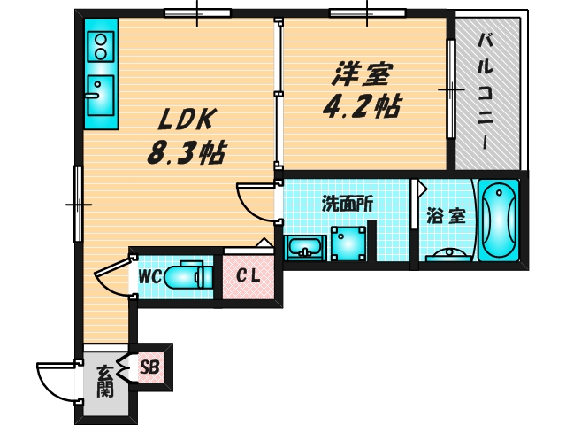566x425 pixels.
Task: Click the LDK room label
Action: click(x=187, y=120)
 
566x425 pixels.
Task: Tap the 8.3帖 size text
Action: click(x=187, y=152)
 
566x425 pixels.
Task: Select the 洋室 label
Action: click(x=361, y=74)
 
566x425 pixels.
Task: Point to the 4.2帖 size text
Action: click(x=362, y=106)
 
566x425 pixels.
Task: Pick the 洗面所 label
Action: click(x=347, y=204)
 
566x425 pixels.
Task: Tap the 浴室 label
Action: click(x=446, y=216)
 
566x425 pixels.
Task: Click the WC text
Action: click(x=149, y=277)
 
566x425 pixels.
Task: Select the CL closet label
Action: click(x=248, y=277)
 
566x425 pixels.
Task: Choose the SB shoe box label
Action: click(x=149, y=367)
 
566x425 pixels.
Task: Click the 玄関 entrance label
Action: click(x=105, y=382)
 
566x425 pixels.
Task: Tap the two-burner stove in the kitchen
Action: click(x=101, y=47)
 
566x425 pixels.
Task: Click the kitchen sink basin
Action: click(x=101, y=96)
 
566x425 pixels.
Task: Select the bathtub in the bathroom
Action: click(x=499, y=220)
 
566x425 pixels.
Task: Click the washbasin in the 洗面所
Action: click(x=305, y=248)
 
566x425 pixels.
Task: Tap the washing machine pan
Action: click(x=348, y=243)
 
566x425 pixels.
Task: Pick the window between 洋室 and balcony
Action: click(x=450, y=89)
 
